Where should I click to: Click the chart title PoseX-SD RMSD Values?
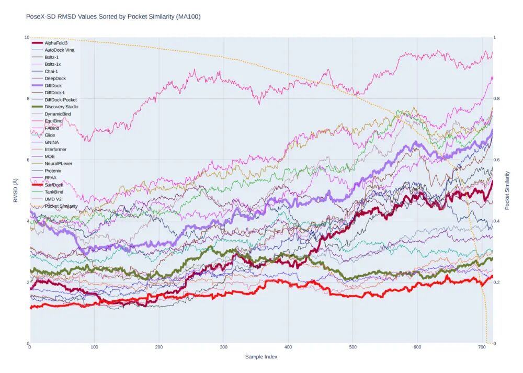coord(113,17)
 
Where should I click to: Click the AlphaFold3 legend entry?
coord(56,43)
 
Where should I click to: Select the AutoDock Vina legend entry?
coord(59,50)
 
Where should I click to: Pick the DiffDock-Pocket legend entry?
coord(61,99)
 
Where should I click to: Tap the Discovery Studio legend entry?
coord(61,107)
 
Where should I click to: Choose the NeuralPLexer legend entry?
coord(58,163)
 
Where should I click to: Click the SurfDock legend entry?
coord(53,185)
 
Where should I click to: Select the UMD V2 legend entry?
coord(54,199)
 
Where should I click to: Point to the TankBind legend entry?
coord(54,192)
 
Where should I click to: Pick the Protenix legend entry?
coord(53,171)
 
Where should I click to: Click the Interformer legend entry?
coord(55,149)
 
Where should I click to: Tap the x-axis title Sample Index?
coord(261,357)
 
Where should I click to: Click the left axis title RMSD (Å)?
coord(15,190)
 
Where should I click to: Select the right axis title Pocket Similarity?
coord(507,190)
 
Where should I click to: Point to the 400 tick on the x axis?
coord(288,347)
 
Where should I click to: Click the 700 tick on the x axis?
coord(482,347)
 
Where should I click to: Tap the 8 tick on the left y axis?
coord(27,98)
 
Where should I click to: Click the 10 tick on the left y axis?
coord(26,37)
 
